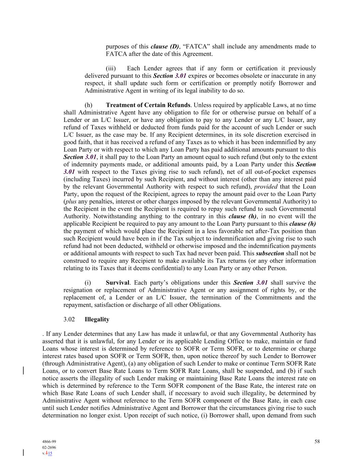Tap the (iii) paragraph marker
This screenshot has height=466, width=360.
(111, 68)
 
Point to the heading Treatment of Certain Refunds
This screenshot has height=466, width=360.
(148, 105)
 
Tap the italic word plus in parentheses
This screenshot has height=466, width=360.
(71, 201)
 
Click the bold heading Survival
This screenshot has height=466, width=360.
(117, 283)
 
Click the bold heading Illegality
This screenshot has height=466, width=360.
(97, 320)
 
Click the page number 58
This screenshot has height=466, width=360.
(317, 441)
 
